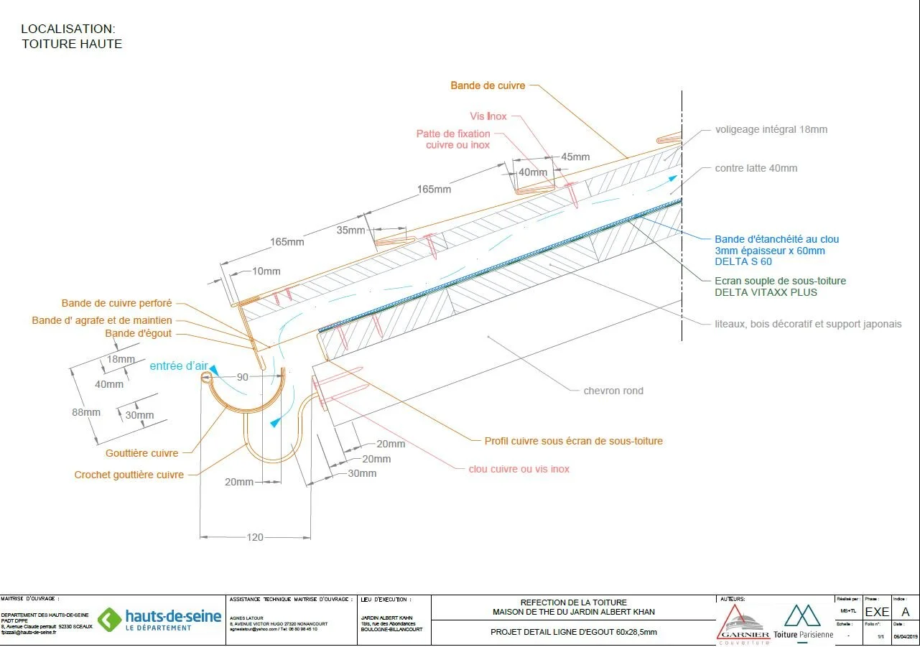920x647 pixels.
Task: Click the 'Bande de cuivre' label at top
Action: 488,85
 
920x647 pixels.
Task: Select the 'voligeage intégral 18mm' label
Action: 771,130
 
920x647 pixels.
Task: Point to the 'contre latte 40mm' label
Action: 756,168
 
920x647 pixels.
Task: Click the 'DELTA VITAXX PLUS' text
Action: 766,292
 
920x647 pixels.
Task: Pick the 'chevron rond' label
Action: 613,391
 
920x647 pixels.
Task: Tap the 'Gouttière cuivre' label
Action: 141,453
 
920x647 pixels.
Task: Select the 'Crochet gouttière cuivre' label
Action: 129,475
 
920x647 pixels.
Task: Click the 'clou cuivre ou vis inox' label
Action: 519,469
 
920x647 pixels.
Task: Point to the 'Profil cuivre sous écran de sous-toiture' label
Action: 573,441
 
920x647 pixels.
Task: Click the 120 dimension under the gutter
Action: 255,537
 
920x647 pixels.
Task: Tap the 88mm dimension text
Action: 85,412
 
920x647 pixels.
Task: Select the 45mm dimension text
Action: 575,157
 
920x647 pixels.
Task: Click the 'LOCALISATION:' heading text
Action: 68,29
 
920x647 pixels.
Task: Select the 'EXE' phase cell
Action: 877,612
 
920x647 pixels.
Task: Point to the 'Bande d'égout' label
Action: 139,334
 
